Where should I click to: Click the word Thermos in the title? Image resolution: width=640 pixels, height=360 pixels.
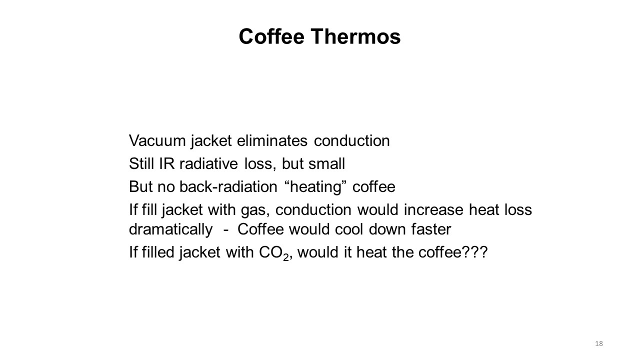pyautogui.click(x=355, y=36)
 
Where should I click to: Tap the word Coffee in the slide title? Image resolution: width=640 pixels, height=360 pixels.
pyautogui.click(x=271, y=36)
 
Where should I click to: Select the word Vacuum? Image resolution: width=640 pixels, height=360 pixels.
pyautogui.click(x=157, y=140)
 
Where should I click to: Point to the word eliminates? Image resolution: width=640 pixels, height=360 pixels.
pyautogui.click(x=272, y=140)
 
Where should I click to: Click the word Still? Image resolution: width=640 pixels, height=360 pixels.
pyautogui.click(x=141, y=163)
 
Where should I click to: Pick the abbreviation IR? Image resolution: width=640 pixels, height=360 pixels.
pyautogui.click(x=166, y=163)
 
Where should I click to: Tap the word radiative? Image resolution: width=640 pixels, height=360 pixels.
pyautogui.click(x=208, y=163)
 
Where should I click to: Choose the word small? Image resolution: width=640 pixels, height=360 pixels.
pyautogui.click(x=327, y=163)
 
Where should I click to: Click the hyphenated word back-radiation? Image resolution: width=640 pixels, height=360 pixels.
pyautogui.click(x=228, y=187)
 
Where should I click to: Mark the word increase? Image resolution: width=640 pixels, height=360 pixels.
pyautogui.click(x=433, y=209)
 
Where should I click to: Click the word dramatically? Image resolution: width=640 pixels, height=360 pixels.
pyautogui.click(x=171, y=230)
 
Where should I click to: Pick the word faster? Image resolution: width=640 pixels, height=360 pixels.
pyautogui.click(x=431, y=229)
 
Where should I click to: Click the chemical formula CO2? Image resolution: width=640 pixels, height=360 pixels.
pyautogui.click(x=274, y=253)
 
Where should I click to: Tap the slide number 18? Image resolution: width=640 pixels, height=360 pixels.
pyautogui.click(x=599, y=343)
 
